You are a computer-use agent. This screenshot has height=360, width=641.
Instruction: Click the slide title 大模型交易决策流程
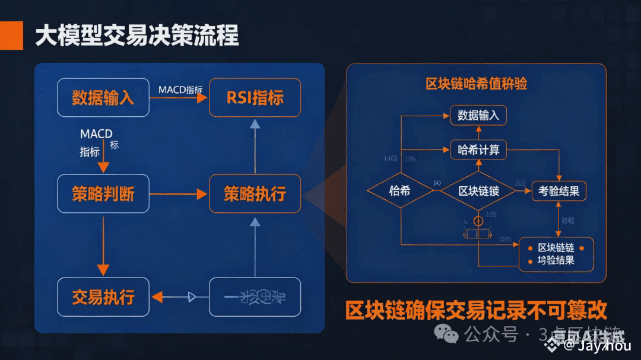click(137, 36)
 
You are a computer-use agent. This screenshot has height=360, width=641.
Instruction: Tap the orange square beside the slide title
click(11, 36)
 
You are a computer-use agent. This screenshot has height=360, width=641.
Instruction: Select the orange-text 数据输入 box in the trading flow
click(103, 97)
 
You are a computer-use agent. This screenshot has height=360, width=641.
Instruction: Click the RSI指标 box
click(255, 97)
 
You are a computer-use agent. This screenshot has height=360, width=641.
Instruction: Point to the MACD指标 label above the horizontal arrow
click(180, 90)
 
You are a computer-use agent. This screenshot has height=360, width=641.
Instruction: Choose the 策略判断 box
click(103, 193)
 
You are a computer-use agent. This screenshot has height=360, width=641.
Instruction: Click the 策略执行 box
click(255, 193)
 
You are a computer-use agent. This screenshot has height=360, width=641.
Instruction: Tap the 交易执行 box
click(103, 297)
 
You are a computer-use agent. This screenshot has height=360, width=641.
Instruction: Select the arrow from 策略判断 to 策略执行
click(179, 194)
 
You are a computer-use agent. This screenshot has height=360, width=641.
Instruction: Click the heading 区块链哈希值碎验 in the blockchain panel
click(476, 83)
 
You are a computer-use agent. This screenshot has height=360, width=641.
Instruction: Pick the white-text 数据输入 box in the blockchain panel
click(478, 115)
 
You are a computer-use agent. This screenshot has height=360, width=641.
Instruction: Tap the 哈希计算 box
click(478, 150)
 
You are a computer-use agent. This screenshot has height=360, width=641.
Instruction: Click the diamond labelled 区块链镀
click(478, 191)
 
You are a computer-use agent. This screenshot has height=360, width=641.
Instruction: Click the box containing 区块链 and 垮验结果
click(556, 254)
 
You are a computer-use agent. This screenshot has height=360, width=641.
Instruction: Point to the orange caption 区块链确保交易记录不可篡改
click(476, 310)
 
